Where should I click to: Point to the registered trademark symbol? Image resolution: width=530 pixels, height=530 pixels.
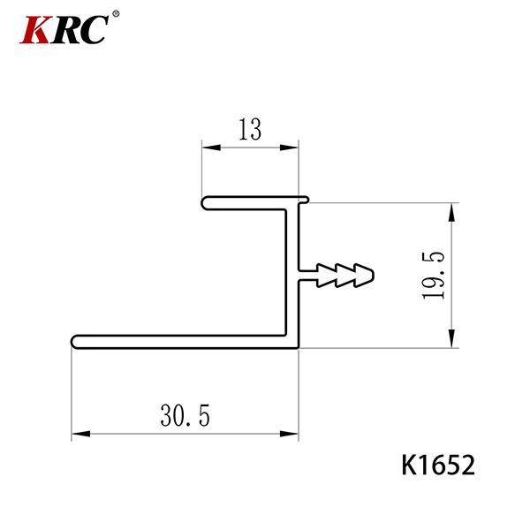pyautogui.click(x=116, y=14)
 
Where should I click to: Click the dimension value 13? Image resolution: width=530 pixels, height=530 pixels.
pyautogui.click(x=250, y=129)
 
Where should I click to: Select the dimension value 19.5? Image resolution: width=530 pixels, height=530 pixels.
pyautogui.click(x=433, y=276)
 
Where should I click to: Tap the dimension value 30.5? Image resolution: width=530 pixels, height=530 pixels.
pyautogui.click(x=185, y=415)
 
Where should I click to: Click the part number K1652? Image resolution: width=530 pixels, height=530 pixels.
pyautogui.click(x=438, y=466)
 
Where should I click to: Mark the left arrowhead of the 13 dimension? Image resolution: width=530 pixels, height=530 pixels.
pyautogui.click(x=211, y=148)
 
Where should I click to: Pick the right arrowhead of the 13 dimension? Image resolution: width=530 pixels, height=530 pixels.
pyautogui.click(x=290, y=148)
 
